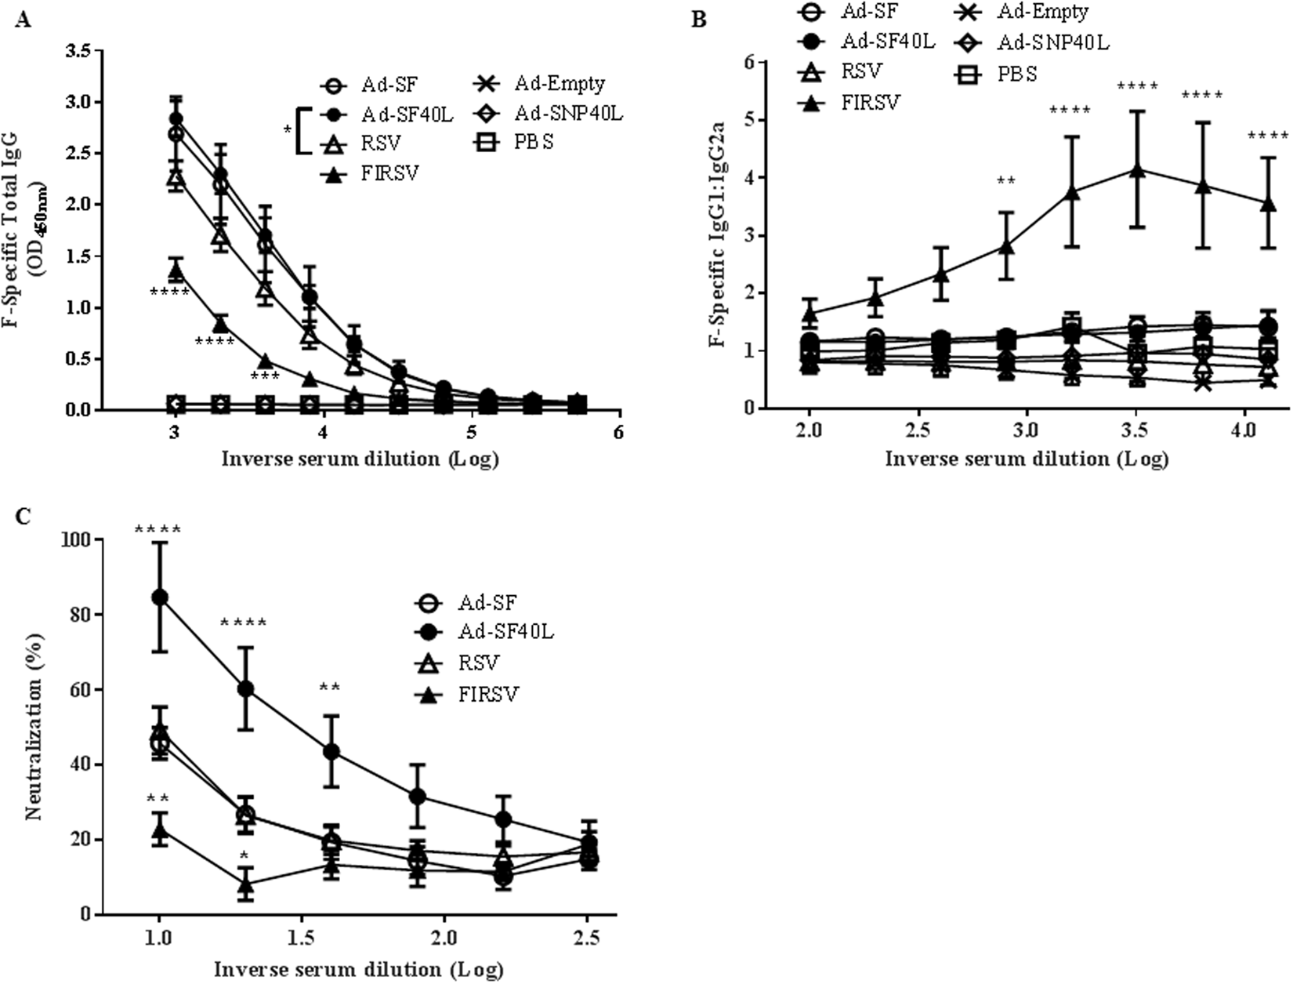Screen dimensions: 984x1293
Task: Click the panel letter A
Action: click(x=23, y=20)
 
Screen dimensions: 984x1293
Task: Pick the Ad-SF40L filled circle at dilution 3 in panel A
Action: click(x=176, y=118)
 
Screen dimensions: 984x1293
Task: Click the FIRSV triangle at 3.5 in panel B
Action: click(x=1138, y=170)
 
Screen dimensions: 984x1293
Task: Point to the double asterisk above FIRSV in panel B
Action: click(x=1006, y=182)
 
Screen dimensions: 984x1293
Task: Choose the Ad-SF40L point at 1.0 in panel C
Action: click(x=160, y=597)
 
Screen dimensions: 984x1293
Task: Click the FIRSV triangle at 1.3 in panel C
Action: click(x=245, y=885)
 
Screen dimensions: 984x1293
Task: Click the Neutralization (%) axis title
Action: click(x=33, y=726)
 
